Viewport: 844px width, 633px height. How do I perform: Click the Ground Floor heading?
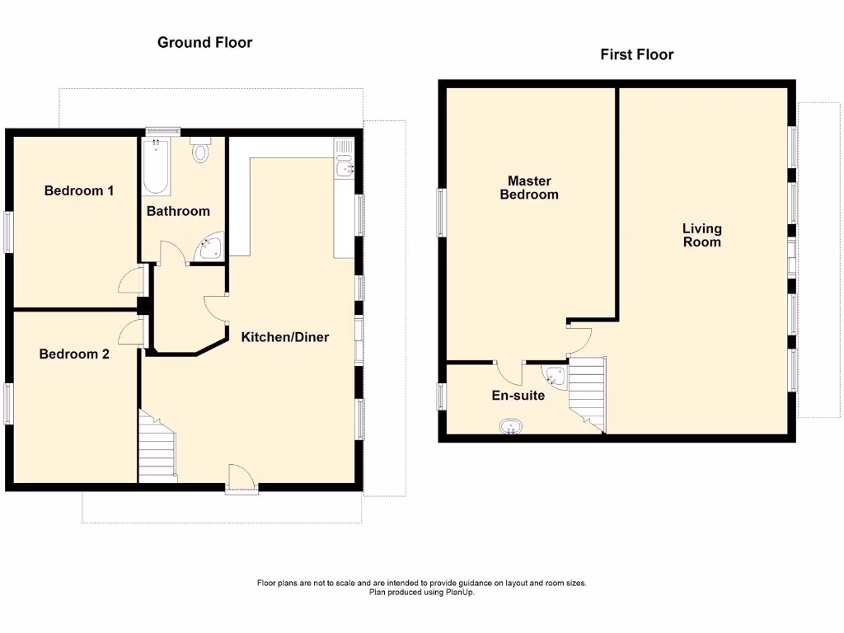click(204, 42)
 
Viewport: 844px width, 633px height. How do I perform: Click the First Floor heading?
click(636, 55)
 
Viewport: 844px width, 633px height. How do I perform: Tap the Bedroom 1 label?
click(79, 191)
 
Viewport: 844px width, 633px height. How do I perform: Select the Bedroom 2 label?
click(74, 354)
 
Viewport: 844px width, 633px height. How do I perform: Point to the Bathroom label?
click(178, 211)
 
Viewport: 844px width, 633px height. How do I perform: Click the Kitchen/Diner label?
click(284, 337)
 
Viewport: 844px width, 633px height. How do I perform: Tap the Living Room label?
click(701, 235)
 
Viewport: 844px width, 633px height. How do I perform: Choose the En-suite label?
click(518, 396)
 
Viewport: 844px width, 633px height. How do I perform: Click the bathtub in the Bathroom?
click(156, 165)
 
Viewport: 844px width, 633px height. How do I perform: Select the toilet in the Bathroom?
click(201, 151)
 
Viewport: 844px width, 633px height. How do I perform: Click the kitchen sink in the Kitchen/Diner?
click(345, 162)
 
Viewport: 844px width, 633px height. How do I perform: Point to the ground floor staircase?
click(157, 449)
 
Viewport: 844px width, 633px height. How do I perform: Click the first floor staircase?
click(588, 392)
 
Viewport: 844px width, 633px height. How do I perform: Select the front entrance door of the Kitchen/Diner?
click(241, 479)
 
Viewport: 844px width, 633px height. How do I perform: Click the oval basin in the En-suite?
click(511, 427)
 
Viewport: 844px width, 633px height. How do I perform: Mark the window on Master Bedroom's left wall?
click(441, 213)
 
